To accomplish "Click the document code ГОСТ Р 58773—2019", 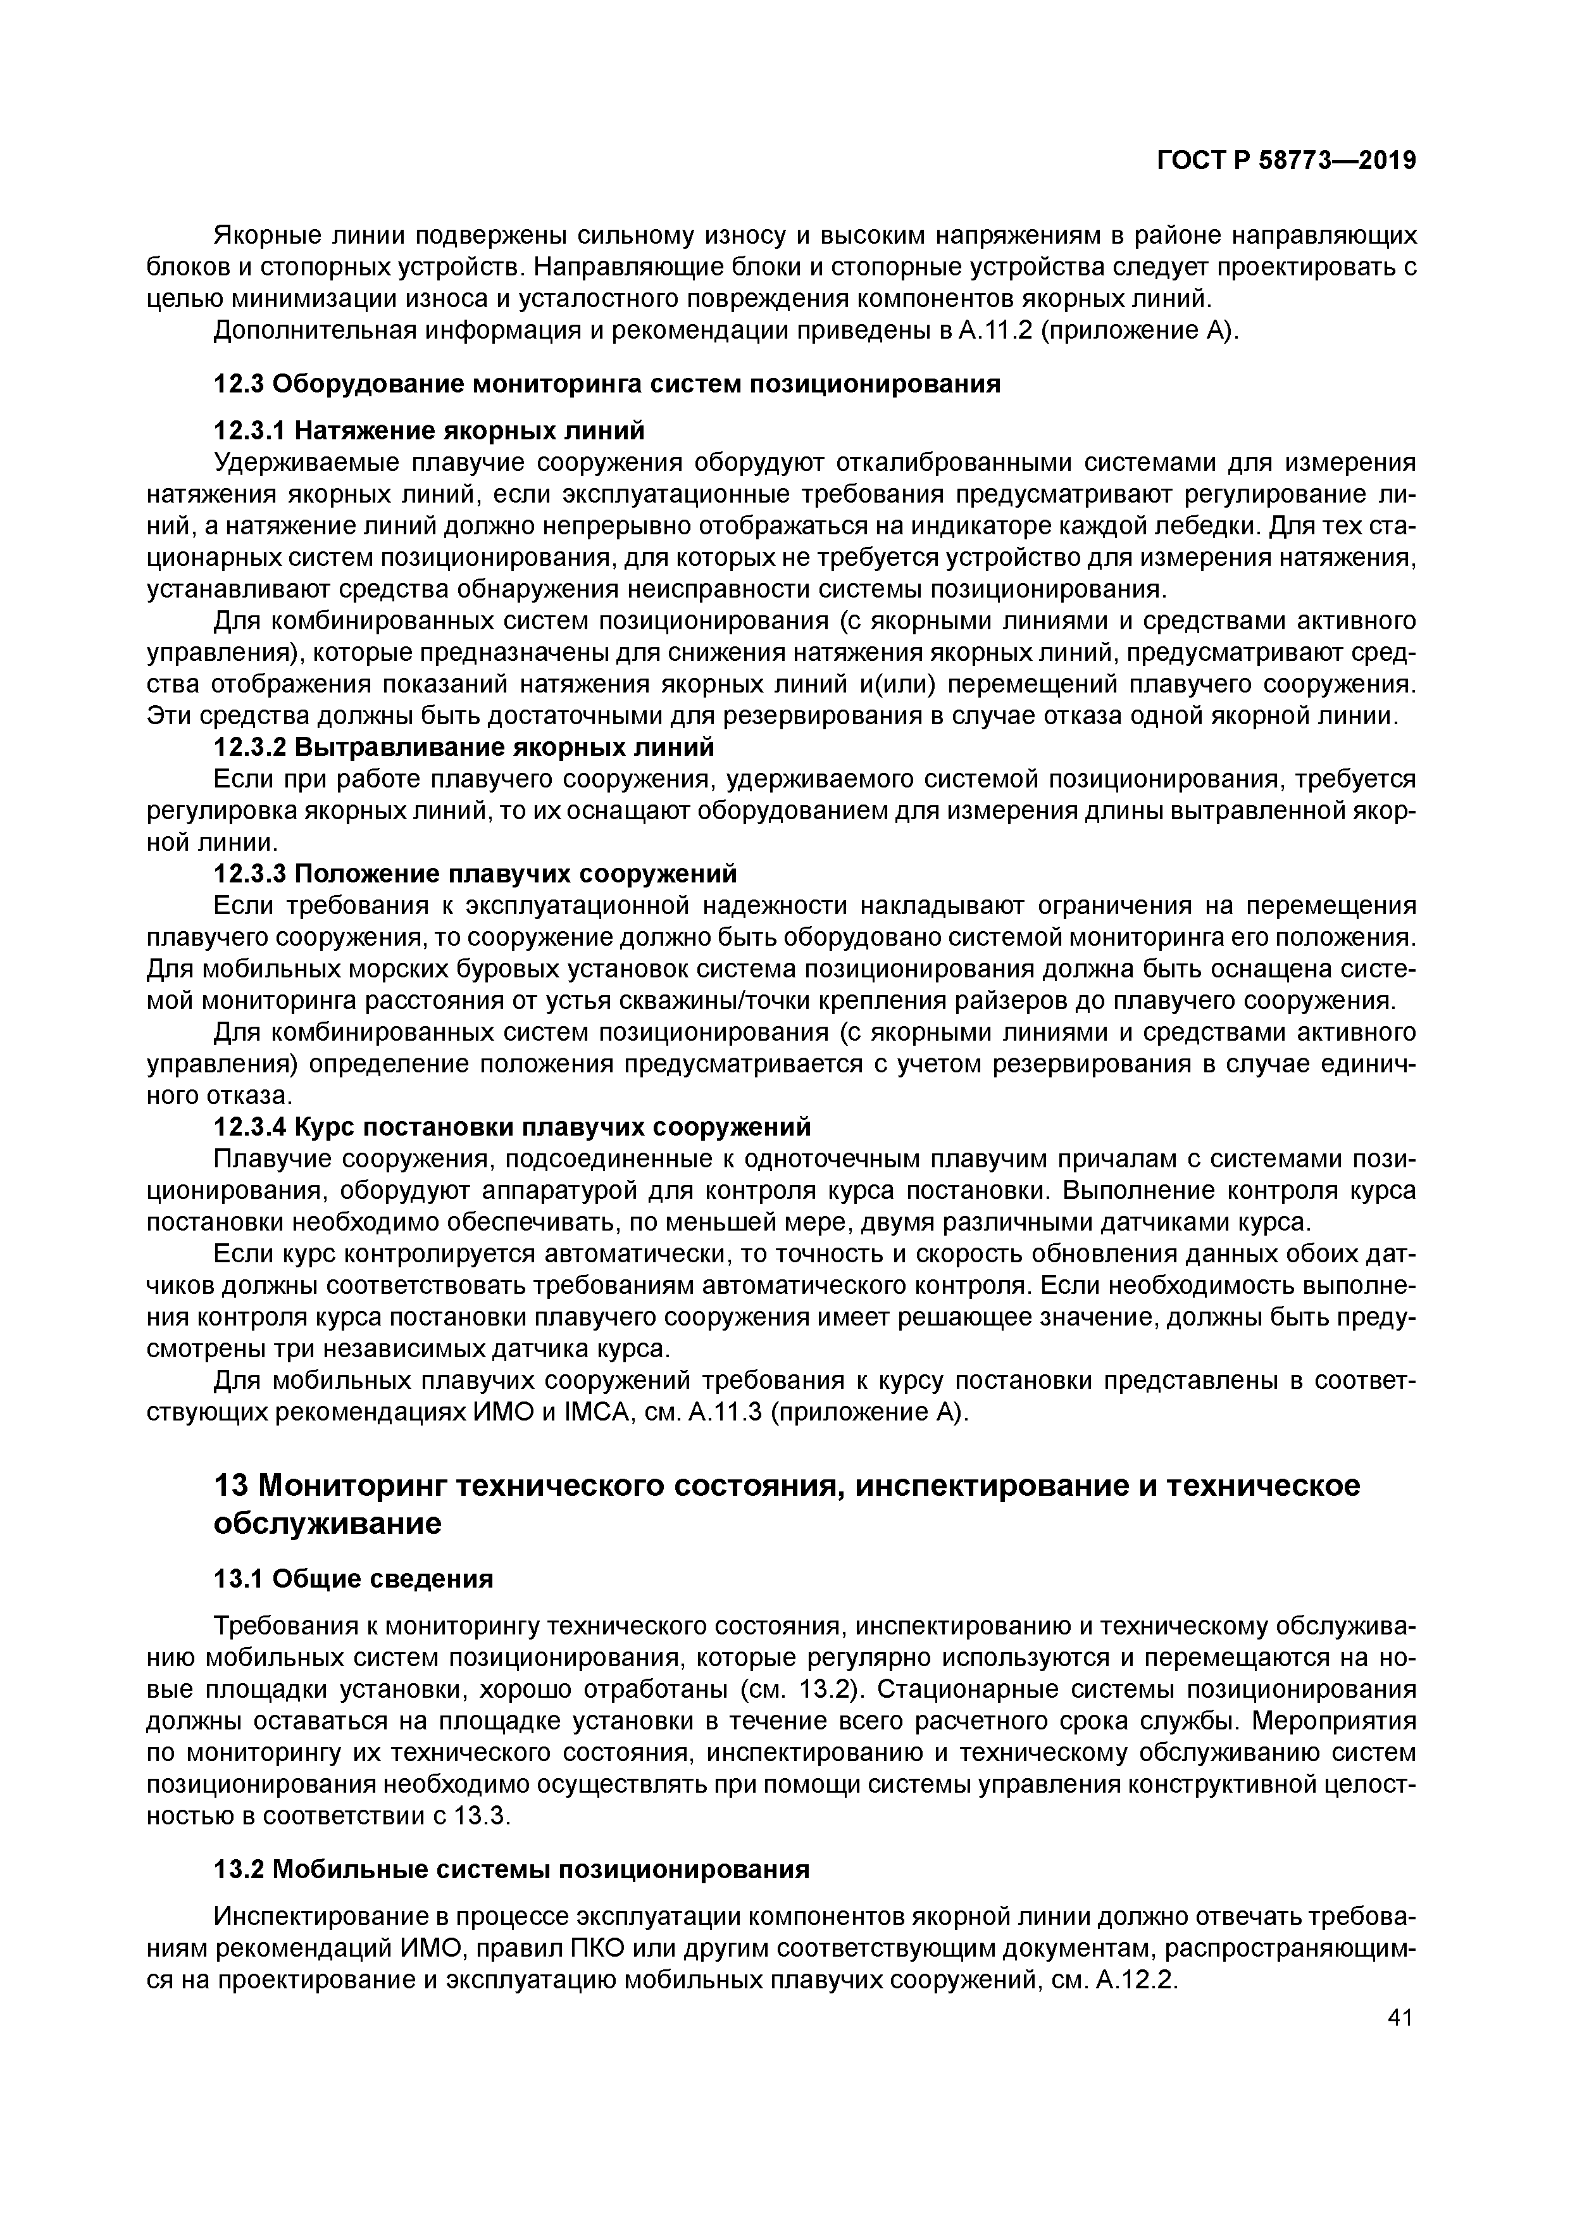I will point(1286,161).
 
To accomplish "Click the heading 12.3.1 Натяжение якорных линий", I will point(428,429).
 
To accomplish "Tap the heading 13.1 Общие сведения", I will point(353,1578).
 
